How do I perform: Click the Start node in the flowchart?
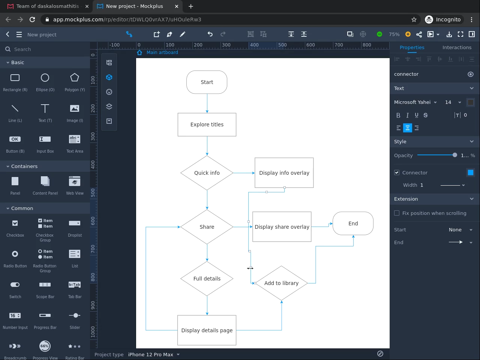(x=207, y=82)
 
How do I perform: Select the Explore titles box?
(x=207, y=124)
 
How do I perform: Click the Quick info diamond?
(x=207, y=173)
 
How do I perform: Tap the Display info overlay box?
(x=284, y=173)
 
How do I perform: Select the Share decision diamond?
(x=207, y=227)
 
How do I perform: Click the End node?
(x=353, y=223)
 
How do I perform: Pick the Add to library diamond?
(x=281, y=283)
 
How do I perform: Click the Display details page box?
(x=207, y=330)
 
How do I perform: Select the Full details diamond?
(x=207, y=279)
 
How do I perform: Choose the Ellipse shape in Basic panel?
(x=45, y=78)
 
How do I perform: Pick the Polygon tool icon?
(x=75, y=78)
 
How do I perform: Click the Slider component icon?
(x=75, y=316)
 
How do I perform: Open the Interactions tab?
(x=457, y=48)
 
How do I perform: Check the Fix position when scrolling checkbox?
(x=397, y=213)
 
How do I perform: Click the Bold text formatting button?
(x=398, y=115)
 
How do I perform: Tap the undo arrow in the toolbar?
(x=210, y=34)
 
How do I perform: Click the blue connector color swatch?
(x=470, y=172)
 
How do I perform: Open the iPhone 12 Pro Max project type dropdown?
(x=154, y=355)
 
